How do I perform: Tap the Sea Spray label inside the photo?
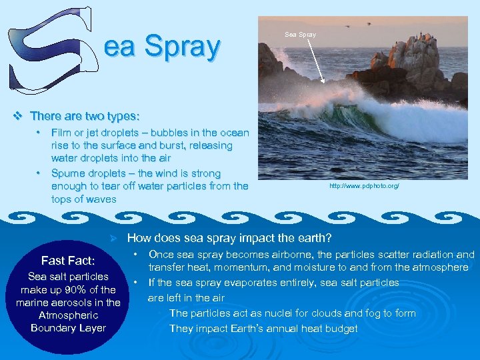pos(300,34)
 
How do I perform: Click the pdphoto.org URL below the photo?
pos(364,186)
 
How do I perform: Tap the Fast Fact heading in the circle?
pos(68,261)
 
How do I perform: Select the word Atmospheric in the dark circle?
pos(68,315)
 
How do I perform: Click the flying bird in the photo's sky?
pos(347,25)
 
